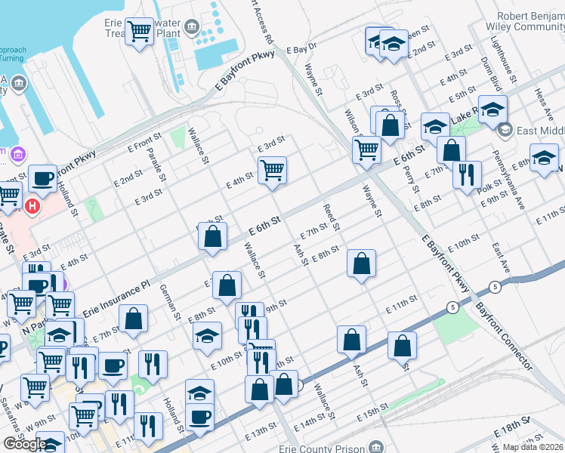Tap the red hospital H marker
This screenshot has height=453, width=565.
pos(32,205)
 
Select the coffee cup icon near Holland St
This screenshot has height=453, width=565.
pos(43,178)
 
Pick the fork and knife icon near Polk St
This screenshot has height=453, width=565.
pos(467,174)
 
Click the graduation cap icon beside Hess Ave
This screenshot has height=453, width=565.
pos(544,158)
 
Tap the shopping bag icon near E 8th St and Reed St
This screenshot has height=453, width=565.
pos(362,263)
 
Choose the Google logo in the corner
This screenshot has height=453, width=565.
pos(24,444)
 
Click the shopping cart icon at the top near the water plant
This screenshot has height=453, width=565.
pos(140,32)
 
